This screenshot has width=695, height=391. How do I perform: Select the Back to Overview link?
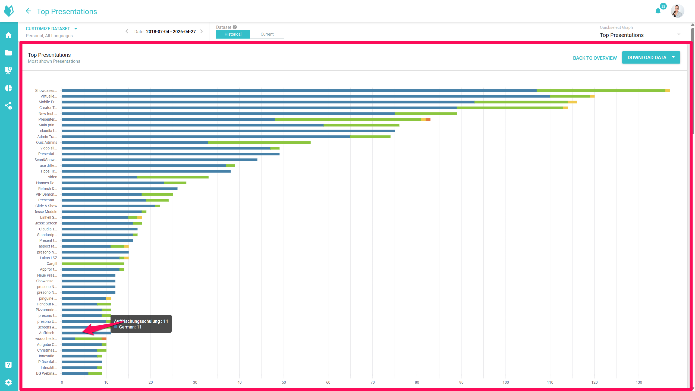coord(595,58)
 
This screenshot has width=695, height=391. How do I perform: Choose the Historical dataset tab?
coord(233,34)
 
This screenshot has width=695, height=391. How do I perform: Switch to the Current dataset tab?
coord(267,34)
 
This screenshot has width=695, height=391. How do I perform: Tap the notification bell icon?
coord(658,11)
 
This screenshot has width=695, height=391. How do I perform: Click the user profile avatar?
coord(677,11)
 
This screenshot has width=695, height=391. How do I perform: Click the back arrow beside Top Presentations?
coord(29,11)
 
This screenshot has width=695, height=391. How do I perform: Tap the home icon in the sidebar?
coord(8,35)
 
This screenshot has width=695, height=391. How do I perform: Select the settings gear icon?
coord(8,382)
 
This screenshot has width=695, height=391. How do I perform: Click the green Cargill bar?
coord(93,264)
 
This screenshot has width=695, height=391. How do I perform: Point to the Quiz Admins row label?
coord(47,142)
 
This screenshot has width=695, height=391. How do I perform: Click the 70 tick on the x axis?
coord(373,382)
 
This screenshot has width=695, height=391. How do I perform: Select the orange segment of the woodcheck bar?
coord(104,339)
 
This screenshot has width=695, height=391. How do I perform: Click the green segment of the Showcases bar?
coord(601,90)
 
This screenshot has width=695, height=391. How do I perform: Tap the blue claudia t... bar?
coord(228,131)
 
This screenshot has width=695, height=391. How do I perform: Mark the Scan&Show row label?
coord(46,160)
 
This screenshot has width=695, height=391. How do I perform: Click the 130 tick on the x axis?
coord(639,382)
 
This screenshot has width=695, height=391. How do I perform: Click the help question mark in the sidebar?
coord(8,365)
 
